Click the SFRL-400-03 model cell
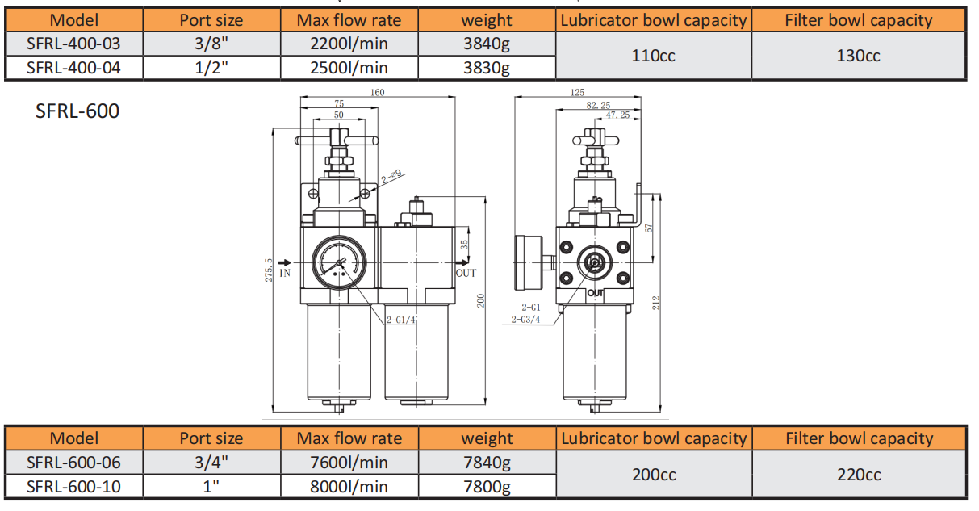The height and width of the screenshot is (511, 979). [73, 44]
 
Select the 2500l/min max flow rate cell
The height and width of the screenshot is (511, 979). [349, 68]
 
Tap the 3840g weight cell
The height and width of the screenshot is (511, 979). [487, 44]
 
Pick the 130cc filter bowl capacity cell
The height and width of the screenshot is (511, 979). [859, 56]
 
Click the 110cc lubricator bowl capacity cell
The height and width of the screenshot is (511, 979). [654, 56]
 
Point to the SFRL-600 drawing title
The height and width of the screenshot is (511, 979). [77, 111]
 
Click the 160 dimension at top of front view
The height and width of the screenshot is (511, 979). [377, 92]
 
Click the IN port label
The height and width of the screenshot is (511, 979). [285, 274]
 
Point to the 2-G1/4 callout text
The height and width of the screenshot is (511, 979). [400, 320]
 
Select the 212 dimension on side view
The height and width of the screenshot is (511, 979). [657, 302]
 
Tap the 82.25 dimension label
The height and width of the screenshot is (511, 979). [598, 105]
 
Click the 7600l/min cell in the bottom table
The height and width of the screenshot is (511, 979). [349, 463]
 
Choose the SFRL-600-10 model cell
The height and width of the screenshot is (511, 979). [73, 487]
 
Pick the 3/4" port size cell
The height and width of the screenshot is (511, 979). [211, 463]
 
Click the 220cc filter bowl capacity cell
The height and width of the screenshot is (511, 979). [859, 475]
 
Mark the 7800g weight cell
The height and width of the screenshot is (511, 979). [487, 487]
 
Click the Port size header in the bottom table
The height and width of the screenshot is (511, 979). [211, 438]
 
